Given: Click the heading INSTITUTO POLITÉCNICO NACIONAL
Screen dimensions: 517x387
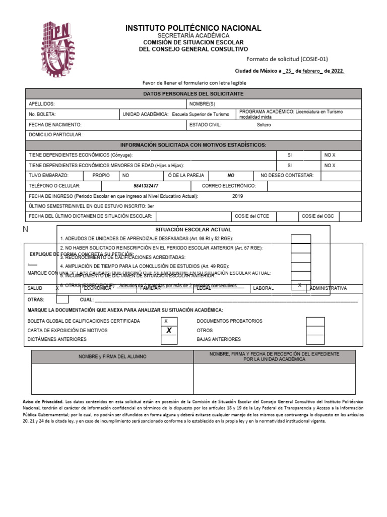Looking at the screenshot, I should click(x=193, y=28).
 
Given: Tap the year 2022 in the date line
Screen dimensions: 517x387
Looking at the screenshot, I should click(x=337, y=71).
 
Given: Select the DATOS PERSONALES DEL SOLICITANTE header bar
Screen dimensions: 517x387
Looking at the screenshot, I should click(x=193, y=94).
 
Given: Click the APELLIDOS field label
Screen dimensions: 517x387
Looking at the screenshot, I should click(x=42, y=104).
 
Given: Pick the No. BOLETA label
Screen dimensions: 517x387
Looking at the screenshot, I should click(x=42, y=115).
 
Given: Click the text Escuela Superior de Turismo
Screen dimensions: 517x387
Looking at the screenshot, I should click(x=200, y=115).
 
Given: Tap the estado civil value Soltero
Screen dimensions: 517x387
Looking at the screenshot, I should click(x=264, y=125).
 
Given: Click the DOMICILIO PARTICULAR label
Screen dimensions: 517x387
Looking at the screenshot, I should click(x=55, y=135).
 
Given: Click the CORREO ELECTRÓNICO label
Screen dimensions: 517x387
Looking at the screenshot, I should click(x=229, y=186).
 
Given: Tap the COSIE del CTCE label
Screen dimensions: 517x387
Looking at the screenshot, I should click(x=252, y=216).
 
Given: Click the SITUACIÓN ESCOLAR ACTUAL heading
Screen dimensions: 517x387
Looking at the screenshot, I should click(x=193, y=229).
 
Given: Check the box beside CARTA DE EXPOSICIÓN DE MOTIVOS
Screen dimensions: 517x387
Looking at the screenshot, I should click(x=169, y=330).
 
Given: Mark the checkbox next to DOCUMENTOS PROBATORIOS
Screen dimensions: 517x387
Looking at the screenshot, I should click(x=315, y=321).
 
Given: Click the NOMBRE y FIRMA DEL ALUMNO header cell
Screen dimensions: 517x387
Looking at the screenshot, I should click(x=112, y=356).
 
